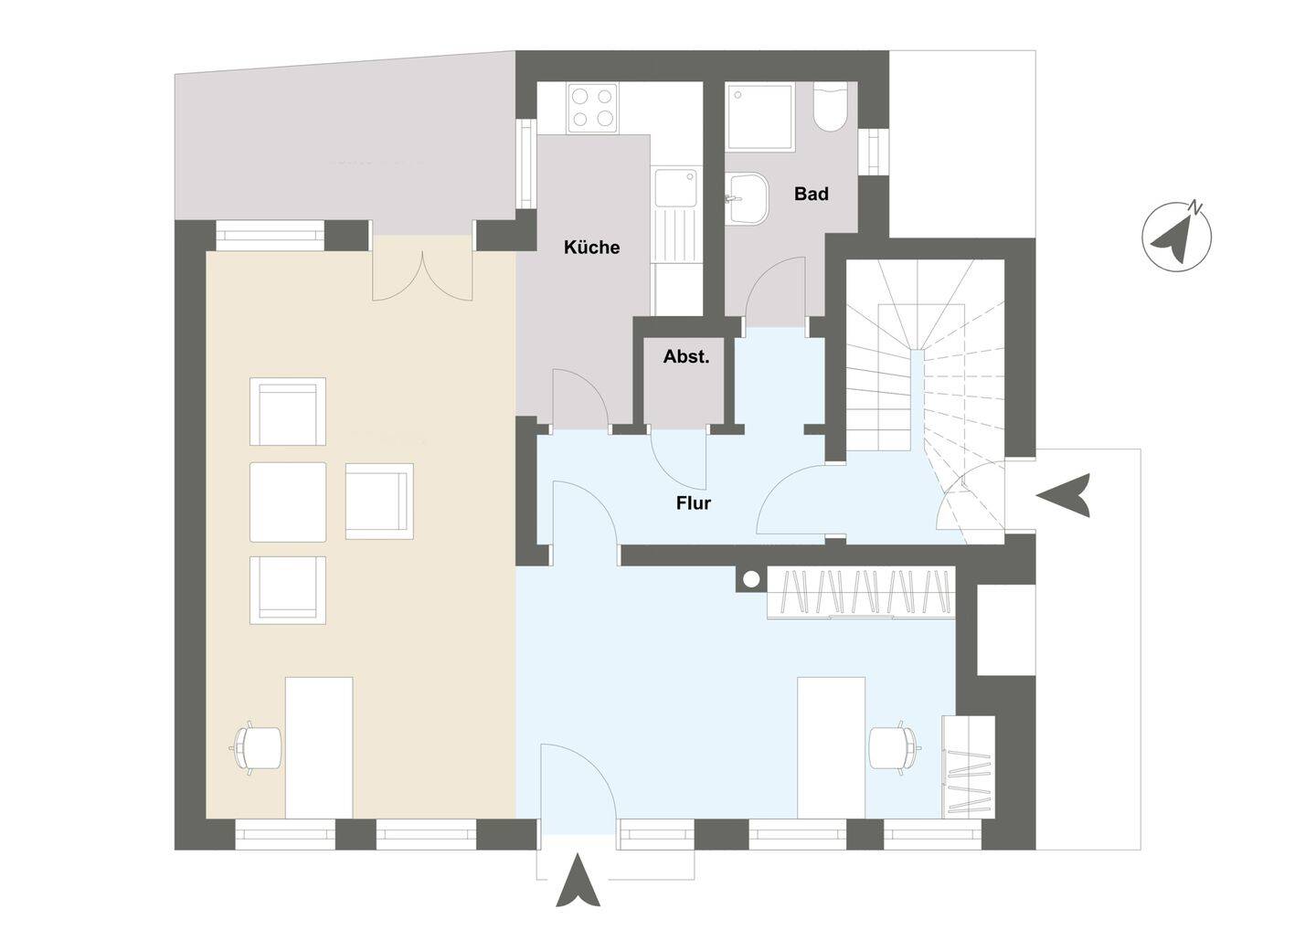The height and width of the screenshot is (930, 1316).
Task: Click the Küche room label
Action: (591, 248)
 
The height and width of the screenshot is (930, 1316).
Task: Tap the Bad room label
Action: (812, 194)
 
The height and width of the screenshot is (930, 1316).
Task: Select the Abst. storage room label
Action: (686, 356)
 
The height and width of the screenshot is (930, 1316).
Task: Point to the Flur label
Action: (694, 503)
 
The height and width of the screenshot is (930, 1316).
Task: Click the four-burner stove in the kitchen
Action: (593, 108)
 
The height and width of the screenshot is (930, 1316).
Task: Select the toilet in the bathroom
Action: (830, 106)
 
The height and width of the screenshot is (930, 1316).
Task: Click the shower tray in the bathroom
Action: (760, 117)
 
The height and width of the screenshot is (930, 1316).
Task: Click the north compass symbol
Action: (1176, 238)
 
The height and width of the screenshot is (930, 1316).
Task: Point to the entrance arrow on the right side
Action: (1064, 495)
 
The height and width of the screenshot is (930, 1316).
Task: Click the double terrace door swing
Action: (422, 276)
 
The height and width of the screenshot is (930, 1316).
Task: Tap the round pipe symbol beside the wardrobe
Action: (751, 579)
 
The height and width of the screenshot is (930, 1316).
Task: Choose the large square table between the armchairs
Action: (288, 502)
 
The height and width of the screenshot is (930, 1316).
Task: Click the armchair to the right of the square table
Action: (379, 501)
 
